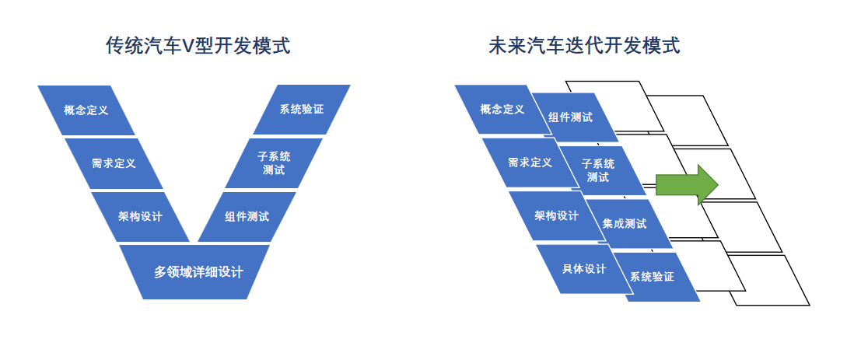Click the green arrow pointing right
click(687, 184)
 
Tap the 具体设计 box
click(583, 269)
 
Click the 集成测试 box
click(625, 223)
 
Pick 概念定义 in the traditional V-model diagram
click(86, 110)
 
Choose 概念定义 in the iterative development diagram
click(502, 109)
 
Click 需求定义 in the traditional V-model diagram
click(114, 163)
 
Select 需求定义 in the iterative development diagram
click(530, 163)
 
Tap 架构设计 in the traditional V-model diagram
click(141, 216)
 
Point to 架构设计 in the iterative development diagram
click(556, 215)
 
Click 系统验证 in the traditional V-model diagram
click(302, 109)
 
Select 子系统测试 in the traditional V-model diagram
click(274, 163)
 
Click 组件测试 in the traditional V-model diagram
click(247, 216)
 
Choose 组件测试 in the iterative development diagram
click(570, 117)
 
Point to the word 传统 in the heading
click(125, 46)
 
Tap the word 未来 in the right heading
click(507, 46)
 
